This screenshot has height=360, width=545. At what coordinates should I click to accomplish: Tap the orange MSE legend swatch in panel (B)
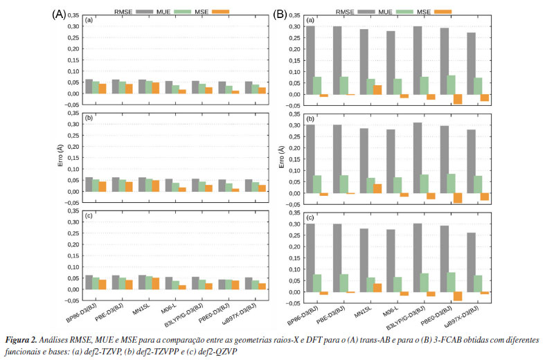click(x=443, y=12)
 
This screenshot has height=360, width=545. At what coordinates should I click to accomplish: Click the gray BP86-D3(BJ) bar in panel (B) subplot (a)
click(x=311, y=60)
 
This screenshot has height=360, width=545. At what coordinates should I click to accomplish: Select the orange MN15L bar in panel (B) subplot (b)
click(x=377, y=188)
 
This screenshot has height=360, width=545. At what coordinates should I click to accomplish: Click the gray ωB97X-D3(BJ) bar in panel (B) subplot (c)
click(x=471, y=262)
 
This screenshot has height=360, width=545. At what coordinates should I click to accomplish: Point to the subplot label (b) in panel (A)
click(x=89, y=118)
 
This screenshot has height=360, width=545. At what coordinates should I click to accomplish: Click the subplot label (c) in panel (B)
click(x=310, y=217)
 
